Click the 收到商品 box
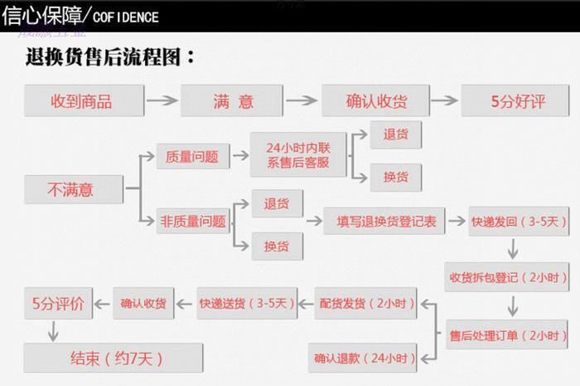[x=81, y=101]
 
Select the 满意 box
[x=233, y=101]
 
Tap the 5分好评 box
[x=518, y=101]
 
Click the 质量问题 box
[x=191, y=155]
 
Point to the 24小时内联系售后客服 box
[x=297, y=155]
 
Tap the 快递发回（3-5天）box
[x=518, y=221]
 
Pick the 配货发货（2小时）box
[x=365, y=304]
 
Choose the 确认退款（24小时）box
[x=363, y=359]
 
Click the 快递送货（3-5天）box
[x=246, y=304]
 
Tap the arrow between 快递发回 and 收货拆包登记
[x=514, y=248]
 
